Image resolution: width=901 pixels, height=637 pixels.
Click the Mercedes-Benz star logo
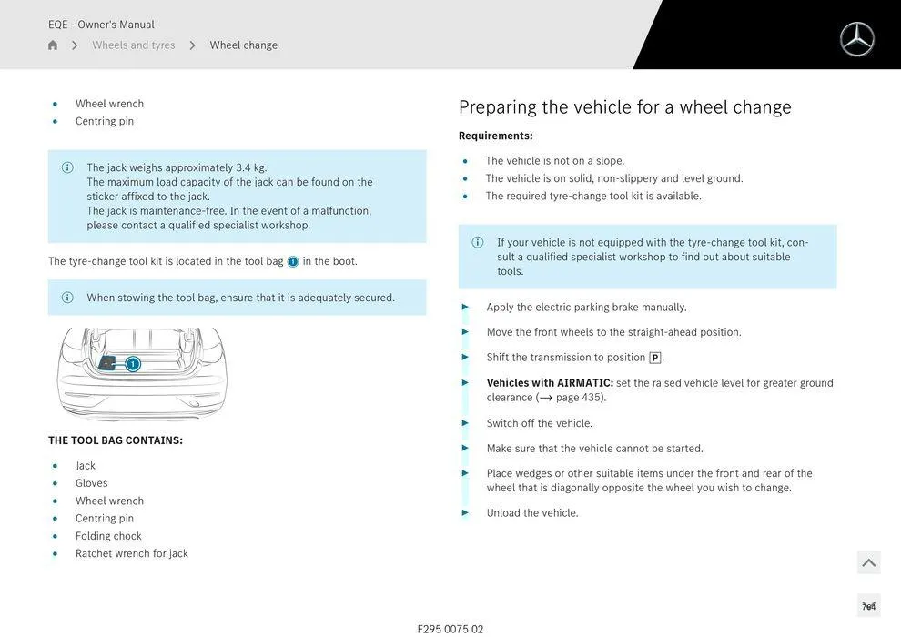tap(856, 39)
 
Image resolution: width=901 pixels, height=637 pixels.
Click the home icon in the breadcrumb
tap(53, 45)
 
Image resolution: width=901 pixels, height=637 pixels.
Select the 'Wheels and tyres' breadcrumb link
tap(134, 45)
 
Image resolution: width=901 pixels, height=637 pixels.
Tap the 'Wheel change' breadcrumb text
tap(243, 45)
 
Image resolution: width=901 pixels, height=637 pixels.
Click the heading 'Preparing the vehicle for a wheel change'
tap(624, 107)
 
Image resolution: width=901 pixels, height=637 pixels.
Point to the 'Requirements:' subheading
tap(495, 136)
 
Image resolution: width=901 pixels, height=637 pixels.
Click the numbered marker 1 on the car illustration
tap(133, 364)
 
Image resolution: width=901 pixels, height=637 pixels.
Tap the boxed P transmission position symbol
tap(654, 358)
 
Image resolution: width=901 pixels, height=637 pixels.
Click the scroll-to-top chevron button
tap(868, 562)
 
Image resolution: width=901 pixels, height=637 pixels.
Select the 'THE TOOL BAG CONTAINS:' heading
tap(116, 440)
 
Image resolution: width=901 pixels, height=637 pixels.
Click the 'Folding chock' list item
tap(108, 536)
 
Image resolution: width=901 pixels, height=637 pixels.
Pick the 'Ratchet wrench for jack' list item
tap(131, 553)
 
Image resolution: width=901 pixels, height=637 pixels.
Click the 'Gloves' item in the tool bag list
tap(91, 483)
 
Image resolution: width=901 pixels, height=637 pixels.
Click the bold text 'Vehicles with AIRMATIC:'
tap(550, 383)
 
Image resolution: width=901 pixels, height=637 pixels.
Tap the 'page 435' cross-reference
tap(579, 398)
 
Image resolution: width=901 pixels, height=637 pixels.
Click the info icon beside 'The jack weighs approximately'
tap(67, 167)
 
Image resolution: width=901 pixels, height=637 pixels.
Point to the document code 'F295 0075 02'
tap(450, 629)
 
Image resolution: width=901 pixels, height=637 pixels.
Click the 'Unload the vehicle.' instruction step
tap(532, 513)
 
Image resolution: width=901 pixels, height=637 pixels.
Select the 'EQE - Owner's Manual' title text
tap(101, 25)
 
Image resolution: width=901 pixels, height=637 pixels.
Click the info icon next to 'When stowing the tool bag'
tap(67, 298)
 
